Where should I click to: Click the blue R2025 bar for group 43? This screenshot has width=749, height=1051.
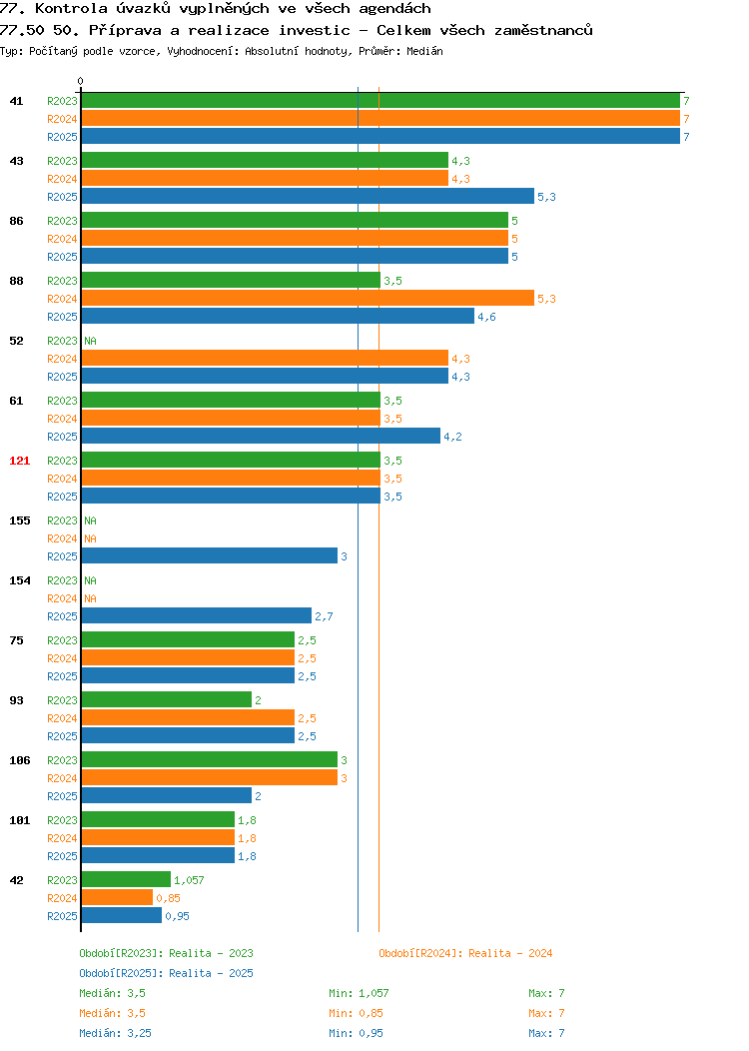point(308,197)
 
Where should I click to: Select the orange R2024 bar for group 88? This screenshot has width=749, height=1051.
point(308,299)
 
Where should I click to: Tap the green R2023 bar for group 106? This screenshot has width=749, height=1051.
point(209,759)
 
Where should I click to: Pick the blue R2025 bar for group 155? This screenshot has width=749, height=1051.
point(209,555)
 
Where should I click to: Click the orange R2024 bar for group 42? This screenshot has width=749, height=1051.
point(117,897)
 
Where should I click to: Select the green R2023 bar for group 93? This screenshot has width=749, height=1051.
point(166,699)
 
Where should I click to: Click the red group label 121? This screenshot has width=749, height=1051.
point(19,461)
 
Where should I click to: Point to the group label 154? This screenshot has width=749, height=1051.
point(19,580)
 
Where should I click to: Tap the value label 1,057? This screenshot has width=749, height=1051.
point(189,880)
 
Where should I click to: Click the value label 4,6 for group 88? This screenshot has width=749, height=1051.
point(486,317)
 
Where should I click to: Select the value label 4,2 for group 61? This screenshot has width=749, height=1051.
point(452,437)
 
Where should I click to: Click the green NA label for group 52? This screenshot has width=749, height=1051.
point(91,341)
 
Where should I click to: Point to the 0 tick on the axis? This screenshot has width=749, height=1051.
point(81,82)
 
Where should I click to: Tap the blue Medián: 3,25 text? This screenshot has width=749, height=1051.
point(115,1033)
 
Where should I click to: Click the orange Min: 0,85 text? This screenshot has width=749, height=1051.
point(356,1013)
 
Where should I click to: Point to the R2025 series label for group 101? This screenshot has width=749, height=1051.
point(62,856)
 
